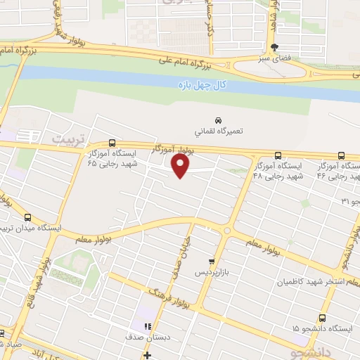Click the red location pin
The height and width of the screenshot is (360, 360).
[181, 166]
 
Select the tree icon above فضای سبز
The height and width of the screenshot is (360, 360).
[274, 48]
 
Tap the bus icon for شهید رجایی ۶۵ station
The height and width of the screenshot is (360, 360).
[113, 143]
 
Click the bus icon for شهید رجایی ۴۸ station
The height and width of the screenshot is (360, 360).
[278, 156]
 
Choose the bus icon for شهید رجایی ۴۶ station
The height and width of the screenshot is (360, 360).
[341, 156]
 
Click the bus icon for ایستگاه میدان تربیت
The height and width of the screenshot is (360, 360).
[28, 218]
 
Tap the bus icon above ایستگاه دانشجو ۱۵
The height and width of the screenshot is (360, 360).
[322, 318]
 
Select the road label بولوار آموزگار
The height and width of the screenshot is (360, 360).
[173, 149]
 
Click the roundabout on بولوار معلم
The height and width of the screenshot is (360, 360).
[226, 231]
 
